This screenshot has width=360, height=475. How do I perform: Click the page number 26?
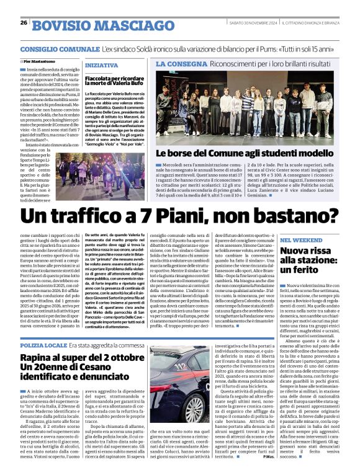pyautogui.click(x=23, y=23)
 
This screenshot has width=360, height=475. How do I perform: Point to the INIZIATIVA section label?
pyautogui.click(x=101, y=64)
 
